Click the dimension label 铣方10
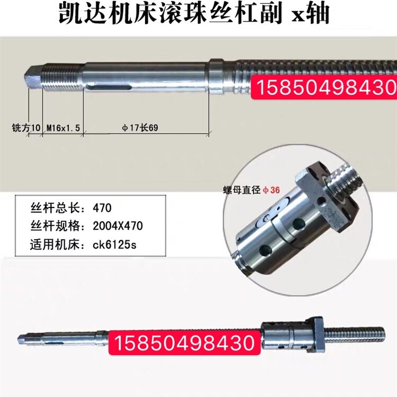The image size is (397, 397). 26,128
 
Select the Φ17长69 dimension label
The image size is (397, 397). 141,128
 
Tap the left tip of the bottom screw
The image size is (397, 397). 22,339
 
